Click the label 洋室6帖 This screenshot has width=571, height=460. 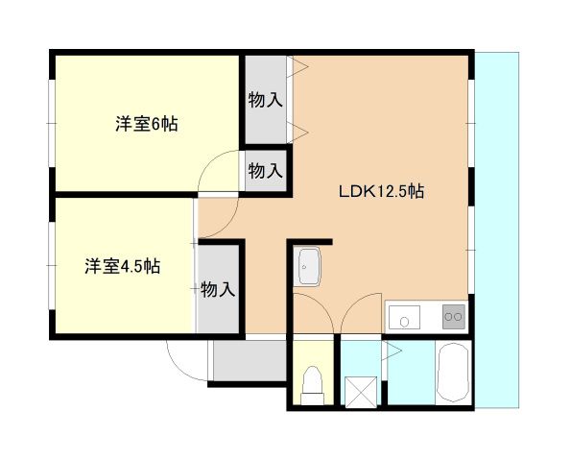click(x=146, y=124)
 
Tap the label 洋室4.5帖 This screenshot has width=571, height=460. click(x=122, y=266)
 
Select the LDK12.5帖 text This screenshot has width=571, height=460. click(x=381, y=191)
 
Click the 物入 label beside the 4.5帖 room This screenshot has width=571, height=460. click(x=218, y=288)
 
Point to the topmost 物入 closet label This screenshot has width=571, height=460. click(x=265, y=99)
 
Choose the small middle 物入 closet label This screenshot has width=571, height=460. click(x=265, y=171)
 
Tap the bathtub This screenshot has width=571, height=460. click(x=452, y=375)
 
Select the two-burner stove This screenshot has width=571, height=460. click(x=452, y=315)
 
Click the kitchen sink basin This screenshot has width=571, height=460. click(x=404, y=315)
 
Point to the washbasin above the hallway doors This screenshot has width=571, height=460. click(x=309, y=265)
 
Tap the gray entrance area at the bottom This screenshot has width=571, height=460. click(x=248, y=361)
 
